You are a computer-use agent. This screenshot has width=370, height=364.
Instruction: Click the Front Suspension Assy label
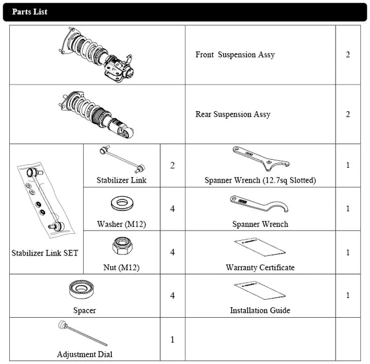pos(235,55)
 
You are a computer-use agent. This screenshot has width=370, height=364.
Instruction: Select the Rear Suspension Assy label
pos(232,114)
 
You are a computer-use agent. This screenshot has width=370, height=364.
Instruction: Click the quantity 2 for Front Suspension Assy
pos(348,55)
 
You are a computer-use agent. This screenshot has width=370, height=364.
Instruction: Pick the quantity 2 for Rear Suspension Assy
pos(348,114)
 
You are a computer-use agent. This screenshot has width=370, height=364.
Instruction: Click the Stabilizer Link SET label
pos(45,253)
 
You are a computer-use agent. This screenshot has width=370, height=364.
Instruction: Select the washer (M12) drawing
pos(121,204)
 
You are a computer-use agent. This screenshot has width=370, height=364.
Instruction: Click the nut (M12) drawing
pos(121,247)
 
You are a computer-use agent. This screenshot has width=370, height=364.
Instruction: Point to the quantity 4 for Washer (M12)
pos(173,209)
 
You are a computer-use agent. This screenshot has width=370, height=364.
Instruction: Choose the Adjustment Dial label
pos(84,354)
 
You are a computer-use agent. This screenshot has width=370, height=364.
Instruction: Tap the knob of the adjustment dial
pos(62,325)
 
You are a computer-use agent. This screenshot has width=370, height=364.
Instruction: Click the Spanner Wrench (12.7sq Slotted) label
pos(260,181)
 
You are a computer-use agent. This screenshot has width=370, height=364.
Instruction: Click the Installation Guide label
pos(260,310)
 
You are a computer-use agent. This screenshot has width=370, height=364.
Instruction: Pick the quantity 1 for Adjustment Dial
pos(173,339)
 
